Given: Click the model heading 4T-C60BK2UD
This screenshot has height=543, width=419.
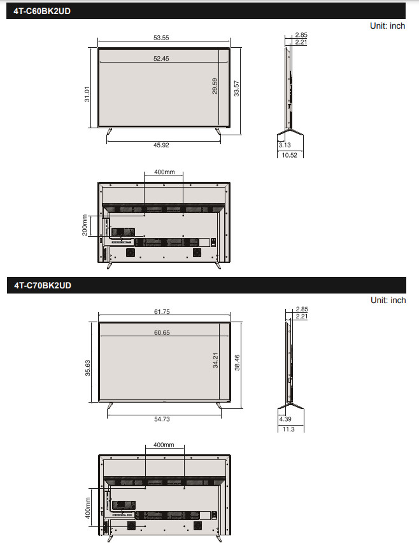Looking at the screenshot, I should pos(42,11).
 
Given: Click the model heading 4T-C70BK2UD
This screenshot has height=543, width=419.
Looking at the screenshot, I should pos(42,285).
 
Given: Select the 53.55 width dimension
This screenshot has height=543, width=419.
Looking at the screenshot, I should pos(161,38).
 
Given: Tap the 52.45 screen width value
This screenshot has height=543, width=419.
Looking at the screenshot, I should pos(161,59).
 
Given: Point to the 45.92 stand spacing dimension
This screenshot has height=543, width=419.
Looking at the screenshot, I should pos(161,145).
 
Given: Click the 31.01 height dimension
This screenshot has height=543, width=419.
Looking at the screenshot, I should pos(87,94).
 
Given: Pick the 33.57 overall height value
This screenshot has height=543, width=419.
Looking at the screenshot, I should pos(237,89).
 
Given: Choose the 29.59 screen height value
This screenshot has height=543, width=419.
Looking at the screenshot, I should pos(215,86).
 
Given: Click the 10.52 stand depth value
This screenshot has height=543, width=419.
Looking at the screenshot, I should pos(290,154).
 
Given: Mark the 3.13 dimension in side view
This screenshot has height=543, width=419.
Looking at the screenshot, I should pos(285,145).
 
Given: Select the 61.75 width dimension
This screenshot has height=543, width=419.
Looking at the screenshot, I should pos(161,312).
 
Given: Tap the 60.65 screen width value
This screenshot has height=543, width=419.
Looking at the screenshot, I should pos(161,333).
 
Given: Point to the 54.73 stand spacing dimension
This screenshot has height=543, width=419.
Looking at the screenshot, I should pos(161,419).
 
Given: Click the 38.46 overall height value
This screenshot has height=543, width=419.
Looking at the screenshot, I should pos(237,362).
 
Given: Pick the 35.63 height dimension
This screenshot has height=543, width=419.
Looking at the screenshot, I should pos(87,368).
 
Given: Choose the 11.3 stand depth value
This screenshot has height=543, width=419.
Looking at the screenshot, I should pos(288,429).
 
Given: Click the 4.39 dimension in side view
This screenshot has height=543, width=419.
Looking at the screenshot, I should pos(285,419).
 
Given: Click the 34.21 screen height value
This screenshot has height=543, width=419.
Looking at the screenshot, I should pos(215,361).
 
